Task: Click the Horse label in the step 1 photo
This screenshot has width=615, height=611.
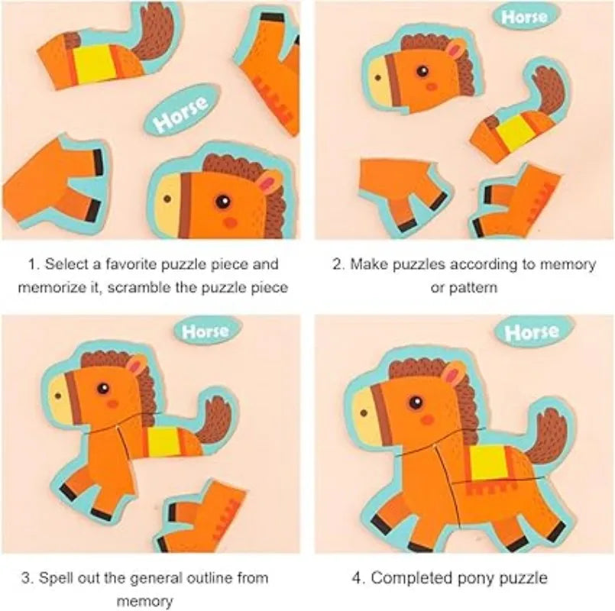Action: [x=180, y=115]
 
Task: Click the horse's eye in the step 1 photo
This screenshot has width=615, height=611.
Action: [x=223, y=202]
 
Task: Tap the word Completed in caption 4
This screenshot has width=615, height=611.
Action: [x=416, y=577]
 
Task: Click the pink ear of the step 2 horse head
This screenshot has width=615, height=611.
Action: [x=455, y=51]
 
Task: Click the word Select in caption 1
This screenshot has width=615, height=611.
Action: [x=65, y=264]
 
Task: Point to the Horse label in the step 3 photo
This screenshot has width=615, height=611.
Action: [x=205, y=331]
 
